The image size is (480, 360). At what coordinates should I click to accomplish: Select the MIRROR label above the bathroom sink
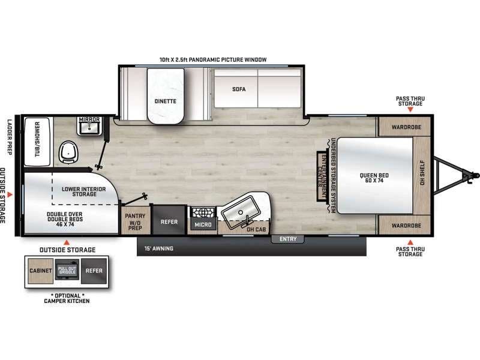click(x=89, y=120)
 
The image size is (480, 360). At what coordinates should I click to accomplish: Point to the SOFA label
click(x=239, y=89)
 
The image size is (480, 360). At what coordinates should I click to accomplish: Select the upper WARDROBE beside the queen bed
click(x=404, y=127)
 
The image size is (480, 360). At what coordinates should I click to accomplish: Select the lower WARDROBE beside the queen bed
click(x=404, y=226)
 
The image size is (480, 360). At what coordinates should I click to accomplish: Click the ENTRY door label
click(x=288, y=239)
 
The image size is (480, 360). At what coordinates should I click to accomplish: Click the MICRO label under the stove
click(x=201, y=224)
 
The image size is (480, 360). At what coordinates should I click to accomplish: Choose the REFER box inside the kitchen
click(x=169, y=221)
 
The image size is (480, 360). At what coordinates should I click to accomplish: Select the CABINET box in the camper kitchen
click(x=38, y=271)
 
